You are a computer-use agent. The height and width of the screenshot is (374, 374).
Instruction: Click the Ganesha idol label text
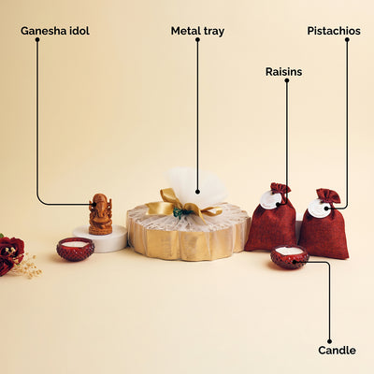55,31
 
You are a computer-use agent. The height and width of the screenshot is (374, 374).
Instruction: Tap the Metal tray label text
197,31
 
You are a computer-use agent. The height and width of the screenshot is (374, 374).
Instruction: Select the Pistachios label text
334,31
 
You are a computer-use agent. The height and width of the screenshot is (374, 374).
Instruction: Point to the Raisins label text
283,72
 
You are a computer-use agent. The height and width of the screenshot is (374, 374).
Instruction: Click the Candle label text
337,351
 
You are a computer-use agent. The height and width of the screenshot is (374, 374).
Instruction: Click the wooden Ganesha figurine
100,214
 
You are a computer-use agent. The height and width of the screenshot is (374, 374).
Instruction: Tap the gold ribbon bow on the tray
183,205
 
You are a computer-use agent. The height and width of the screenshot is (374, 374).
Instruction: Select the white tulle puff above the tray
196,186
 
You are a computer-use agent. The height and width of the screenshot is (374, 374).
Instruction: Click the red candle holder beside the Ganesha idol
76,249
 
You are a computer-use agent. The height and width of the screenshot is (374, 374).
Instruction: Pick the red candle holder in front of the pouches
290,257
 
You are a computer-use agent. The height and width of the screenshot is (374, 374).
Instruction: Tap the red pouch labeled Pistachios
324,223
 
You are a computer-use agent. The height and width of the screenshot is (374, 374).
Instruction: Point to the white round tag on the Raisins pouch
271,200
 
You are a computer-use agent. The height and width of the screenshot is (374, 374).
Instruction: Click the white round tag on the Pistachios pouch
319,209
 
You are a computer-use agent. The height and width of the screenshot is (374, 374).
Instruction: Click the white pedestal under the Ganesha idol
100,238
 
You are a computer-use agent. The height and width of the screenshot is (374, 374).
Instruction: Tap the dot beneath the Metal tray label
197,39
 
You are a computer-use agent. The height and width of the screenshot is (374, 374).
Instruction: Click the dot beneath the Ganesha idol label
37,39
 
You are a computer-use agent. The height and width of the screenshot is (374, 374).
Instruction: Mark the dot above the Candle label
329,341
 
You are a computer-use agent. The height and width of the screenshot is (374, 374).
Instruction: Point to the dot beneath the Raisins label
287,80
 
